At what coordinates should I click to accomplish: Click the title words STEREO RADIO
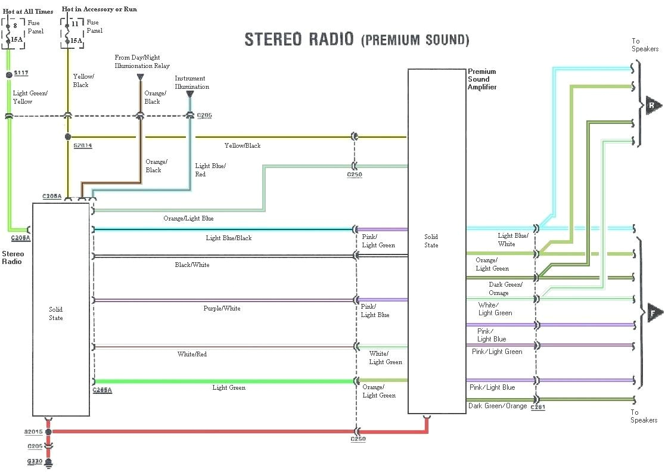click(300, 39)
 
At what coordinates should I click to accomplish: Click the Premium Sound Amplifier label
click(482, 79)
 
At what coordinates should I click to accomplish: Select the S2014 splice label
click(83, 145)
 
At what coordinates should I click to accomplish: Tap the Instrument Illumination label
click(192, 82)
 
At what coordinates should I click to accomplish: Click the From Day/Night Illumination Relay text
click(142, 61)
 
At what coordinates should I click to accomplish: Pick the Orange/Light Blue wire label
click(188, 219)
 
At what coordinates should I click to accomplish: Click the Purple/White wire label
click(222, 309)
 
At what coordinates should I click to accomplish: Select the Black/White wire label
click(192, 265)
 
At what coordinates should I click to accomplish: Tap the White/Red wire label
click(192, 355)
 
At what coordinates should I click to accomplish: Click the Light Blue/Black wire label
click(229, 238)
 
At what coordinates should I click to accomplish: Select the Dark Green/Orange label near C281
click(498, 406)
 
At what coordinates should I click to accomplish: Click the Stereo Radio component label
click(13, 257)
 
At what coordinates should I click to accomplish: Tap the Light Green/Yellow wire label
click(30, 97)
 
